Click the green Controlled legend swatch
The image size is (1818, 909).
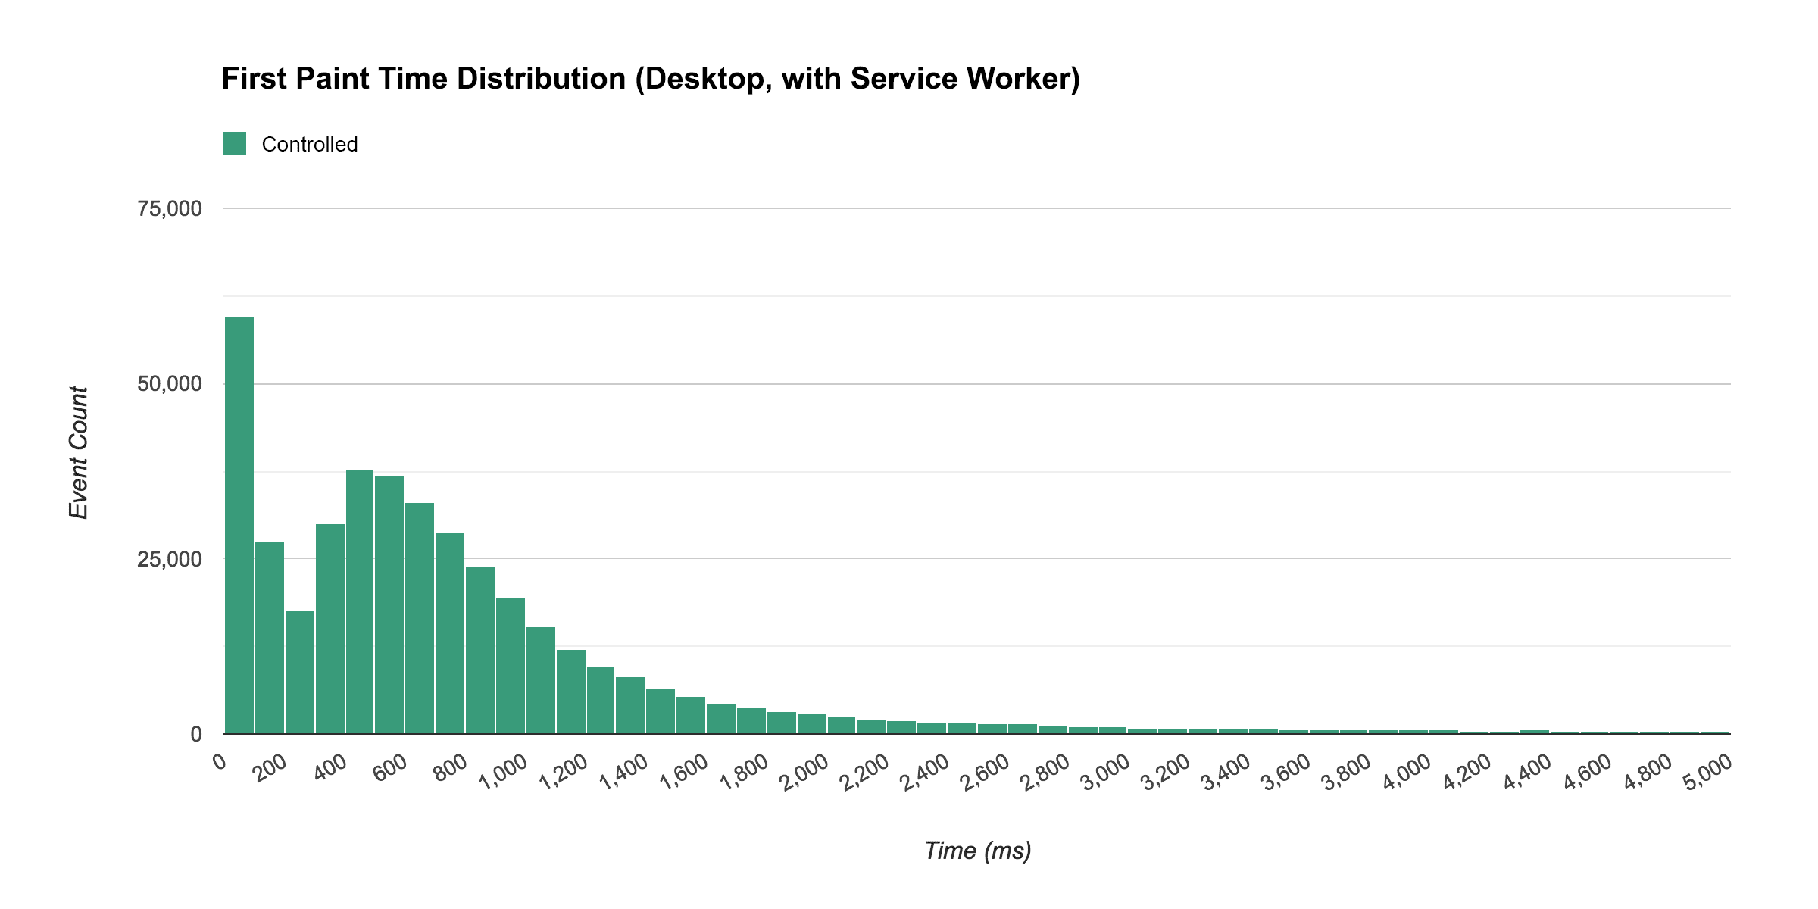coord(235,143)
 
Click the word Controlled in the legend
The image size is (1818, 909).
coord(309,144)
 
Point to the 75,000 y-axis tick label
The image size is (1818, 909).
coord(170,208)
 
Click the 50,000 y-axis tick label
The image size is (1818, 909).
coord(170,383)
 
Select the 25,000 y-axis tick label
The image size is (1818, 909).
coord(170,559)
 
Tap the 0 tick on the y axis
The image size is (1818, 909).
coord(196,733)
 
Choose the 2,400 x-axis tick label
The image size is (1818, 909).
coord(926,773)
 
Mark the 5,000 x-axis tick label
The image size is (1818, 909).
coord(1708,773)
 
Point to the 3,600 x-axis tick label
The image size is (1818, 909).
coord(1287,773)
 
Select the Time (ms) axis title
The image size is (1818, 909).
coord(977,851)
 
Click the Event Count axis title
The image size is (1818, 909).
coord(79,452)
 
